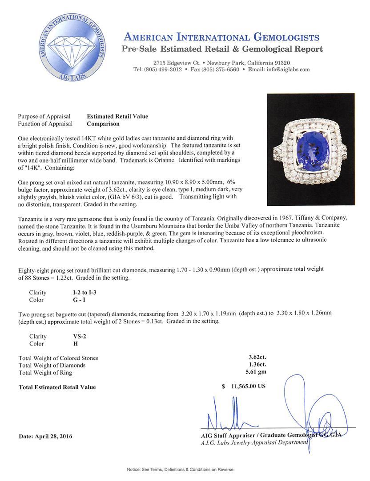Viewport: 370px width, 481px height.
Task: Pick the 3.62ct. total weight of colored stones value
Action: click(x=257, y=357)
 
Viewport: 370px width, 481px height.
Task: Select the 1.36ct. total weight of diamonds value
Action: click(x=257, y=365)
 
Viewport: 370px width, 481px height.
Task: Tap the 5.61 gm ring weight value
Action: click(x=257, y=372)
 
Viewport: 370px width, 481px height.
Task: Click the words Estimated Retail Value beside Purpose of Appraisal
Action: click(x=117, y=117)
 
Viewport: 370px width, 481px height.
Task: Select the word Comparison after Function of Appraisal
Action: click(x=103, y=124)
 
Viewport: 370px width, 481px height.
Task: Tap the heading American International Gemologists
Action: click(x=221, y=37)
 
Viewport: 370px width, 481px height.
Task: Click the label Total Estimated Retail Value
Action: click(x=57, y=387)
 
